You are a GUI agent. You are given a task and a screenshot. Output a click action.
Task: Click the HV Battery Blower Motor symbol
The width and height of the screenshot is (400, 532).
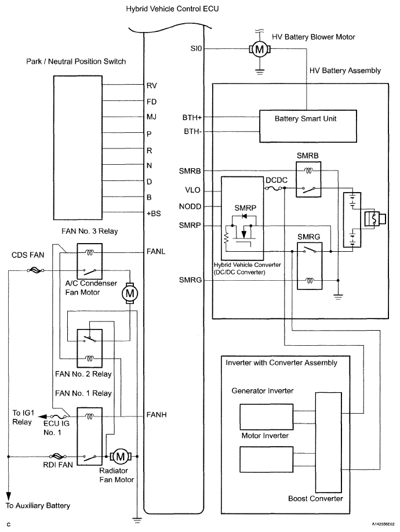pyautogui.click(x=259, y=50)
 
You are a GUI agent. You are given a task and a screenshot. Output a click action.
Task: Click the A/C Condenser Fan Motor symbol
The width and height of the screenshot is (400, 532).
pyautogui.click(x=129, y=294)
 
